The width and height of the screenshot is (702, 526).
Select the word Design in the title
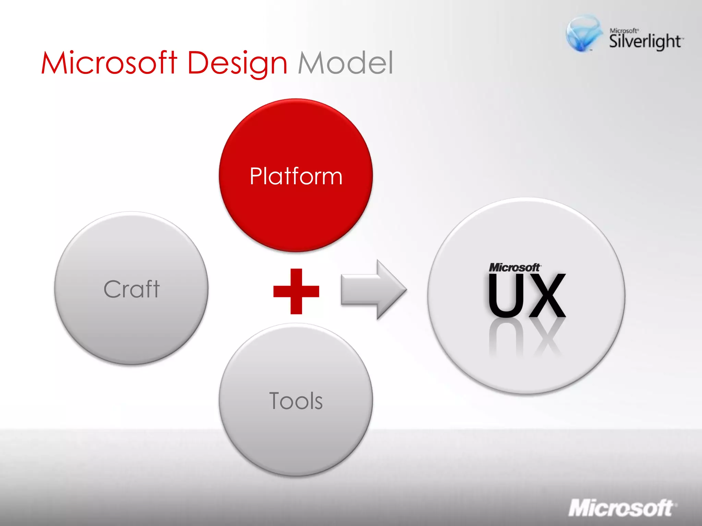click(x=237, y=63)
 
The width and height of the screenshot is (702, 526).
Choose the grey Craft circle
click(x=131, y=329)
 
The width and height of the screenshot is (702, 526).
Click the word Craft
click(x=132, y=289)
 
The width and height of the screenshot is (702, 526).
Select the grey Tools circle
click(x=296, y=438)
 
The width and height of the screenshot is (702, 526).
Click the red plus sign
click(x=296, y=291)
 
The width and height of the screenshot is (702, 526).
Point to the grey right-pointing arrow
click(x=374, y=290)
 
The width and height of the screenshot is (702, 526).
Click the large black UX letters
click(x=526, y=296)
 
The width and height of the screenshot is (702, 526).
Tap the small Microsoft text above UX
click(x=514, y=268)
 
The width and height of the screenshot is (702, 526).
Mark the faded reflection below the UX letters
click(x=526, y=339)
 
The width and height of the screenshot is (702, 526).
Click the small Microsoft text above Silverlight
click(x=624, y=30)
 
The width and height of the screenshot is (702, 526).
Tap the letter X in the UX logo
click(x=548, y=296)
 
